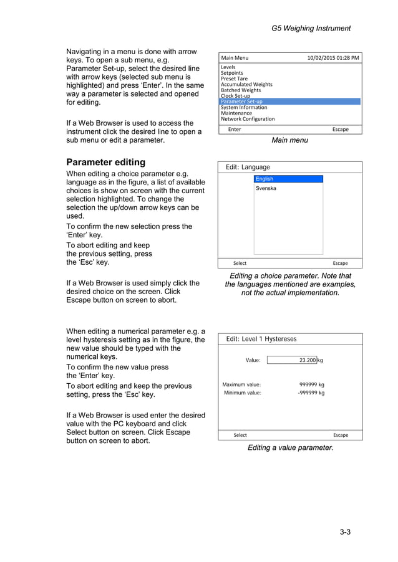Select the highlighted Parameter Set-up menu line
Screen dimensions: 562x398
pyautogui.click(x=241, y=102)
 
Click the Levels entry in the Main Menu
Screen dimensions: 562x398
pyautogui.click(x=228, y=67)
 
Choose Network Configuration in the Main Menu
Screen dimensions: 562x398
pyautogui.click(x=248, y=118)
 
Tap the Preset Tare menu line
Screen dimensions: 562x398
pyautogui.click(x=234, y=79)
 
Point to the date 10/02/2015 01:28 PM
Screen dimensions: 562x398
pyautogui.click(x=332, y=58)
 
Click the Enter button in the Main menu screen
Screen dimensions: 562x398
pyautogui.click(x=235, y=130)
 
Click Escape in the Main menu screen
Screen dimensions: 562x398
pyautogui.click(x=340, y=130)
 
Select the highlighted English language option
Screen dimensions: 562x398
pyautogui.click(x=288, y=179)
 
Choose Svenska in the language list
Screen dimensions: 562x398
pyautogui.click(x=266, y=188)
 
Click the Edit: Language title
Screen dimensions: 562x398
pyautogui.click(x=248, y=167)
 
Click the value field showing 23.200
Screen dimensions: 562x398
pyautogui.click(x=291, y=360)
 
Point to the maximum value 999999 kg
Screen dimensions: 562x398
pyautogui.click(x=312, y=384)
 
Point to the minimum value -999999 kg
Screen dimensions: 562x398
pyautogui.click(x=311, y=393)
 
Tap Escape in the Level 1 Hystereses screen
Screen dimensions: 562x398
pyautogui.click(x=341, y=435)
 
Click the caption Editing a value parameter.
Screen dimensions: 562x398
pyautogui.click(x=290, y=447)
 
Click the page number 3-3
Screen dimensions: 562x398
pyautogui.click(x=345, y=531)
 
